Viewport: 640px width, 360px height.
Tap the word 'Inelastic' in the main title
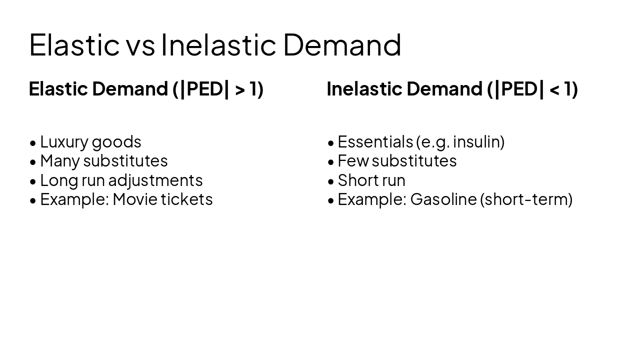[218, 45]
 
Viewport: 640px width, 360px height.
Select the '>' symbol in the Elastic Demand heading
[240, 89]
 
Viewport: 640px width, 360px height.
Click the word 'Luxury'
[64, 142]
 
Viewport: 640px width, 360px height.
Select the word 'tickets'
[186, 199]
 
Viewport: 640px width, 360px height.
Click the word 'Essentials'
[375, 142]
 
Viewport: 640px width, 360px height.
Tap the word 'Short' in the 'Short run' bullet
[357, 180]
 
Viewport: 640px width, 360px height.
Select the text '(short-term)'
[526, 199]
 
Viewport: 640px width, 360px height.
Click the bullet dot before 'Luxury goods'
[33, 143]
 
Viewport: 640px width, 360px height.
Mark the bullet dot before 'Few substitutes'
[330, 162]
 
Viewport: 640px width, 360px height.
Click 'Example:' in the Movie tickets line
[74, 199]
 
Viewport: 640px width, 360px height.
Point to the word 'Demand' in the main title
[342, 45]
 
